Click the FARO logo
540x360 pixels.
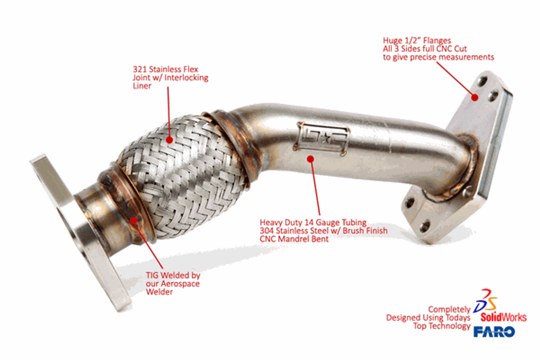(x=494, y=332)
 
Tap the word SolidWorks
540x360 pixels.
(x=503, y=317)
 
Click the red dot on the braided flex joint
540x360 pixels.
(x=170, y=140)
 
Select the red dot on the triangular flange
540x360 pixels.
(x=475, y=97)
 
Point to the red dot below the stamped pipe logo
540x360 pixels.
(x=310, y=159)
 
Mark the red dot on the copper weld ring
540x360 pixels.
(x=133, y=220)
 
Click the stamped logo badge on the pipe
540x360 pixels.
(x=321, y=139)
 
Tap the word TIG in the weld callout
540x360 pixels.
(x=152, y=275)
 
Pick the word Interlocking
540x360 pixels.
(x=186, y=78)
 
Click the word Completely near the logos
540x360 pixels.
(x=449, y=310)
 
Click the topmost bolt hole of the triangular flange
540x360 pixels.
(x=482, y=81)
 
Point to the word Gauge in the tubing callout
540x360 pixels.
(x=327, y=223)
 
